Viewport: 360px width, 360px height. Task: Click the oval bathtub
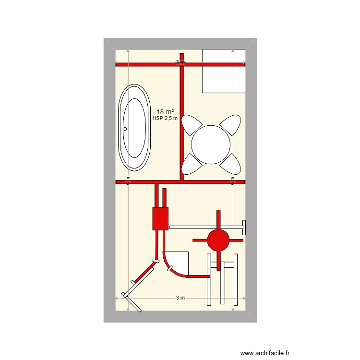(135, 128)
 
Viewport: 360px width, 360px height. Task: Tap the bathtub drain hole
(126, 129)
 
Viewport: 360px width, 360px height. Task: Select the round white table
(211, 144)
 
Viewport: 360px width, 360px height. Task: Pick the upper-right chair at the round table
(231, 125)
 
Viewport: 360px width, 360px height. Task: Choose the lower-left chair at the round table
(192, 164)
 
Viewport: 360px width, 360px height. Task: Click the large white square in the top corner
(224, 71)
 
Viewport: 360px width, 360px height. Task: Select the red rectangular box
(160, 218)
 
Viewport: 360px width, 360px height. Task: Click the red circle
(218, 239)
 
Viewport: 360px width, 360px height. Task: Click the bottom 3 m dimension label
(180, 298)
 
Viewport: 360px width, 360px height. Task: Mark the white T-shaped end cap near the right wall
(244, 227)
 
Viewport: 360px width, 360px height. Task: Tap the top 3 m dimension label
(180, 62)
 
